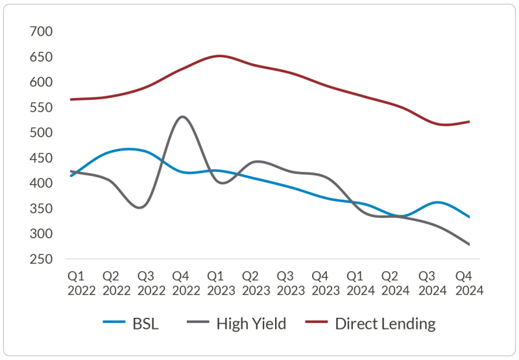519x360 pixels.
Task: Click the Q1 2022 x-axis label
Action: [x=81, y=283]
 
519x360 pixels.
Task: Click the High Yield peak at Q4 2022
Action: [x=182, y=117]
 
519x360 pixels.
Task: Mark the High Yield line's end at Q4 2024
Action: [x=469, y=245]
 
